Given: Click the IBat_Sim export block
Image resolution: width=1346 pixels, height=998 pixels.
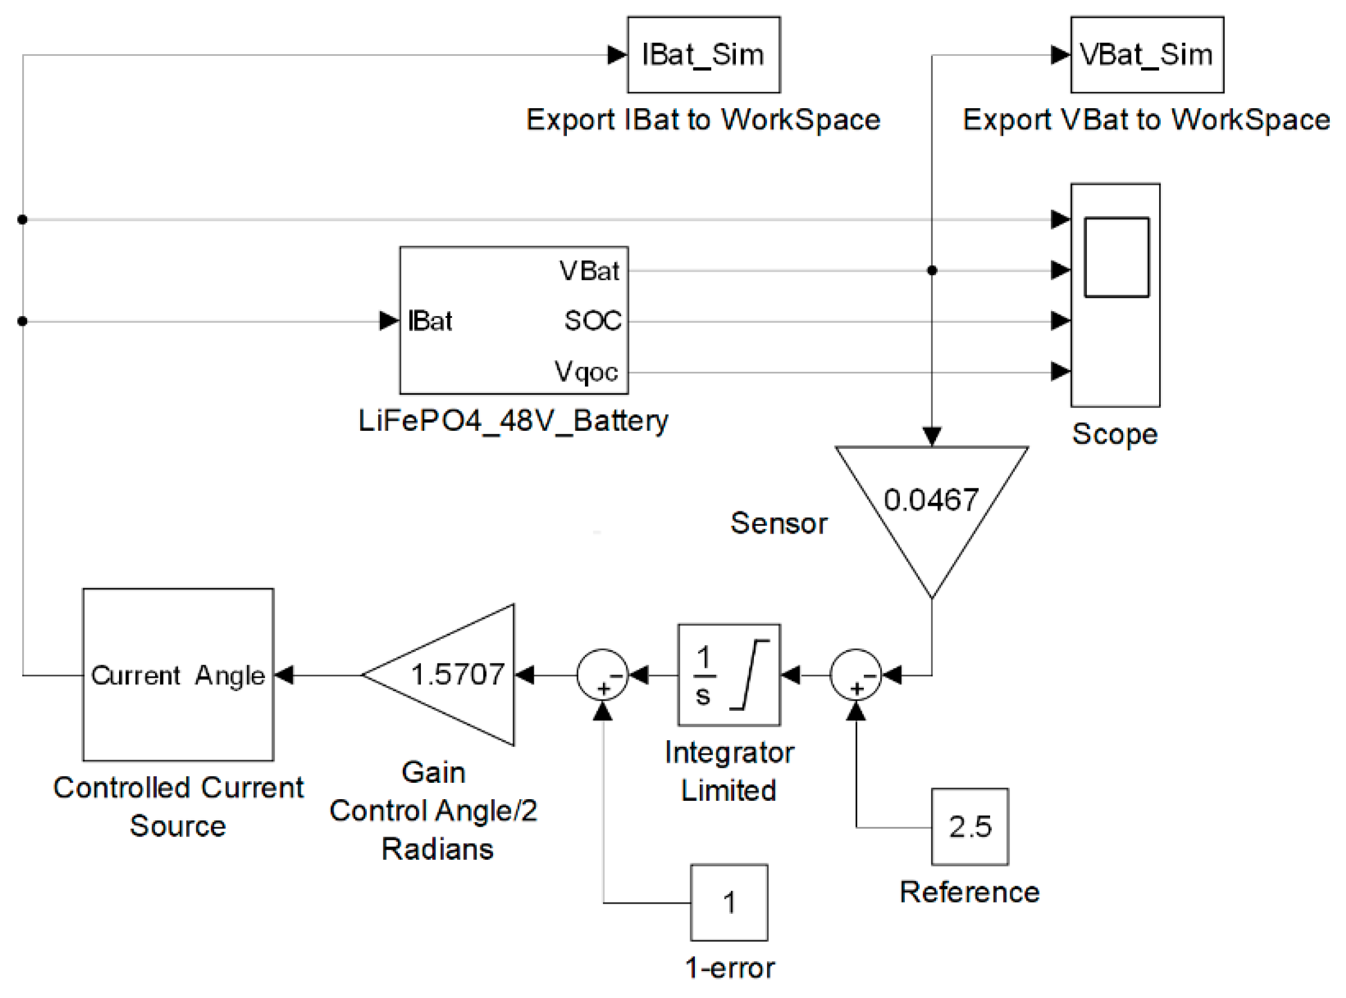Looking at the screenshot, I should click(x=703, y=55).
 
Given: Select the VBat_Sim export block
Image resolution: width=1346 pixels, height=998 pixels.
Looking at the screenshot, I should click(x=1146, y=55).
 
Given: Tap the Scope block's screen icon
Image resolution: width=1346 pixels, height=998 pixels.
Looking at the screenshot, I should click(x=1116, y=257).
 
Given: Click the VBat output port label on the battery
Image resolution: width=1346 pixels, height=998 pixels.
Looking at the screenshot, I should click(x=589, y=270).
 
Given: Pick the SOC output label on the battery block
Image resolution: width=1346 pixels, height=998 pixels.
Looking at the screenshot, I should click(x=592, y=321).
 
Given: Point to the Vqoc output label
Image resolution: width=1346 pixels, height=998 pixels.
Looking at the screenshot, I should click(x=586, y=371).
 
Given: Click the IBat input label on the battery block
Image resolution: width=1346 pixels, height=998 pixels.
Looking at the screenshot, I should click(x=430, y=321).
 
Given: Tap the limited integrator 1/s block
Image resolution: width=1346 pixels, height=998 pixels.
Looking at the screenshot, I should click(x=729, y=675).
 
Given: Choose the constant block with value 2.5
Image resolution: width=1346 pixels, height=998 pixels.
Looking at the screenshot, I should click(x=970, y=826).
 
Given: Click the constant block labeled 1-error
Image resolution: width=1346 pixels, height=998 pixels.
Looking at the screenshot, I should click(x=729, y=902).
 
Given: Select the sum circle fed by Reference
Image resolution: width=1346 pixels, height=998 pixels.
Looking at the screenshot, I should click(x=856, y=675).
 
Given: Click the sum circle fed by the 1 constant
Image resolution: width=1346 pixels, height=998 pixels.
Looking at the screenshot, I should click(x=602, y=675).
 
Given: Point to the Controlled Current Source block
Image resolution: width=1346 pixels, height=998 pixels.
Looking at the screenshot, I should click(x=178, y=675).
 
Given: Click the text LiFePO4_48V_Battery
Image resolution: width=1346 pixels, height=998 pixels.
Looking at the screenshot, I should click(x=513, y=421).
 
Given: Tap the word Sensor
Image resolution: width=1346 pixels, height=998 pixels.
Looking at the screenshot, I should click(x=779, y=523).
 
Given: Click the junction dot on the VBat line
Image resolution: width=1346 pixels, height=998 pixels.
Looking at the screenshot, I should click(x=932, y=270).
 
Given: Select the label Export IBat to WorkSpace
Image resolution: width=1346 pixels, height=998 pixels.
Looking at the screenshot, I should click(x=703, y=120).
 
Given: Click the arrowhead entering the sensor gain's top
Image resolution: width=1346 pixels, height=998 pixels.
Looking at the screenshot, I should click(x=932, y=436).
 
